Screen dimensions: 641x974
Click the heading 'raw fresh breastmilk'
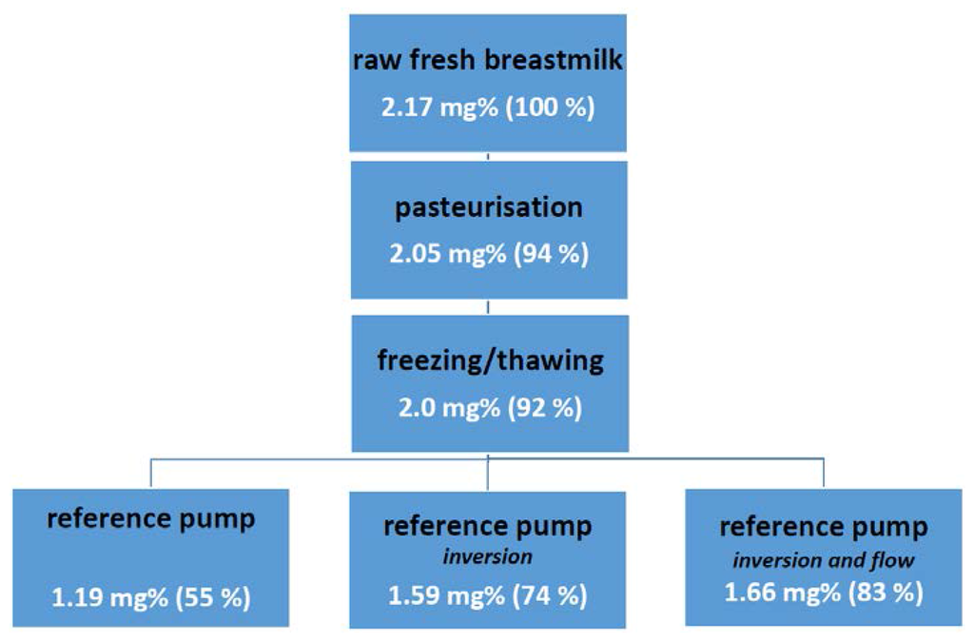(x=488, y=61)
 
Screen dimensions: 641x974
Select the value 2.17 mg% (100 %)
(x=488, y=106)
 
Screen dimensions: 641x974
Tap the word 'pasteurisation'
(x=488, y=208)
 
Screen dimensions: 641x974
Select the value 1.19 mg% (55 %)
(x=151, y=598)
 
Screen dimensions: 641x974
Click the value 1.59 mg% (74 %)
(x=488, y=596)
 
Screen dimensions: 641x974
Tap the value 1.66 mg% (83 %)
(x=824, y=592)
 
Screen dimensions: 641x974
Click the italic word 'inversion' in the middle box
(x=488, y=555)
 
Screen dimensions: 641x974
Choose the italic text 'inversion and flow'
(x=824, y=560)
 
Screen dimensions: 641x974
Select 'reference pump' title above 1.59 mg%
(x=488, y=525)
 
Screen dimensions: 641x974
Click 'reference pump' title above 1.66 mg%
(x=824, y=526)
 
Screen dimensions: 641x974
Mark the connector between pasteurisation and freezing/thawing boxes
(x=488, y=307)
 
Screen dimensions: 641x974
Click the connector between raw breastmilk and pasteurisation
(x=488, y=156)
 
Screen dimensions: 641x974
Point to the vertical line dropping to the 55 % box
(x=151, y=473)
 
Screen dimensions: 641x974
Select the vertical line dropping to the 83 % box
(x=824, y=473)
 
